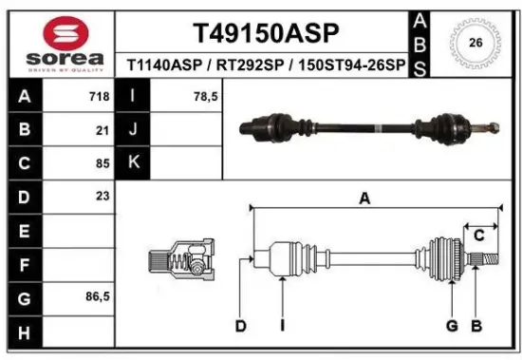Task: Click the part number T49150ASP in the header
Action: [x=265, y=34]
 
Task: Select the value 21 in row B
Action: [x=102, y=129]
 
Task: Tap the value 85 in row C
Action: [x=102, y=162]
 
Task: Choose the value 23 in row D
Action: [x=102, y=196]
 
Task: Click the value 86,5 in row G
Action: [x=97, y=295]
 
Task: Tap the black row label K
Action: [x=134, y=162]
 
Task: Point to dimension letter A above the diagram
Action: [x=364, y=198]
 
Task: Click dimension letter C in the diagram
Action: [x=479, y=234]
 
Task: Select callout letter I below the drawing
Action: [x=283, y=326]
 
